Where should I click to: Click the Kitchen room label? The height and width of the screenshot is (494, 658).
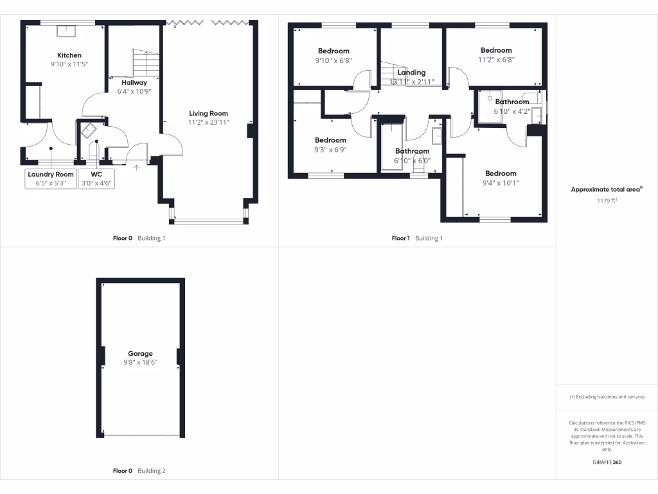point(69,55)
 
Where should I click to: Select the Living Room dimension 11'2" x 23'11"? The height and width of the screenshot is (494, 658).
point(209,122)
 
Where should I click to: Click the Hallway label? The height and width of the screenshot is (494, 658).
point(134,82)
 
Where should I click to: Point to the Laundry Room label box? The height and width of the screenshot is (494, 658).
point(51,178)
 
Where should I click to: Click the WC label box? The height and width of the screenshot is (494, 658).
point(96,178)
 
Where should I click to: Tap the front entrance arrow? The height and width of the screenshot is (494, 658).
point(136,169)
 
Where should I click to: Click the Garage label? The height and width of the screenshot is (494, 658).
point(140,354)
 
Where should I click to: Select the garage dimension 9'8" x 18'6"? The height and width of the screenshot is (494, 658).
point(140,363)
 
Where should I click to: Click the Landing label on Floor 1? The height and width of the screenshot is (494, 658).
point(411,73)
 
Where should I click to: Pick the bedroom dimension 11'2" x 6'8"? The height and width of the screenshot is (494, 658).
point(496,59)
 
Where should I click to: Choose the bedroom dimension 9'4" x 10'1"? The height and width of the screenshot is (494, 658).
point(501,183)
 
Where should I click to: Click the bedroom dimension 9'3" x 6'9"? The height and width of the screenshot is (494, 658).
point(330,149)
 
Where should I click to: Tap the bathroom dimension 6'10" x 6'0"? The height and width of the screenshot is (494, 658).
point(412,161)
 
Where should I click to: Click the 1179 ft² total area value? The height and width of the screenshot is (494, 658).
point(607,201)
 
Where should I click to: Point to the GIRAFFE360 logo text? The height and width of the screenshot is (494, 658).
point(607,462)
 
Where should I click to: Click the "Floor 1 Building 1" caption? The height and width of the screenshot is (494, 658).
point(417,238)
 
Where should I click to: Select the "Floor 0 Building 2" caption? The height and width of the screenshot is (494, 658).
point(139,471)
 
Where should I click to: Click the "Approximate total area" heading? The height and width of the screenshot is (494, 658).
point(607,190)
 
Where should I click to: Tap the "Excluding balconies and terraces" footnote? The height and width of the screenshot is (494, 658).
point(607,397)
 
